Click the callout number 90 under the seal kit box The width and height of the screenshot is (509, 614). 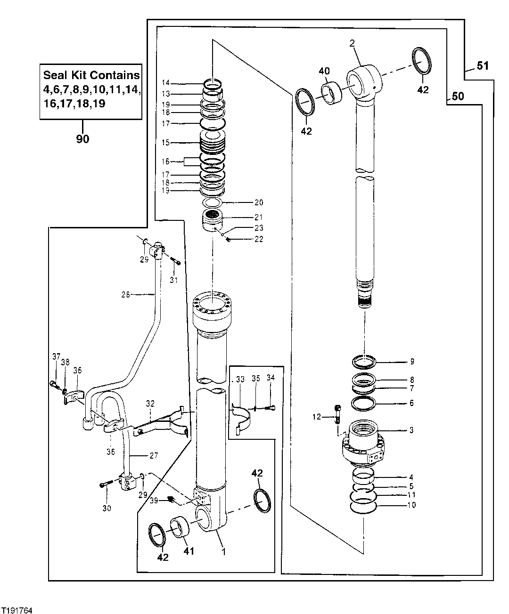coord(83,139)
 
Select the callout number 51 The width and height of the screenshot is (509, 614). coord(483,66)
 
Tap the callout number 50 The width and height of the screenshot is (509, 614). coord(458,97)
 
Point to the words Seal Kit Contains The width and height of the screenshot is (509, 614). coord(91,75)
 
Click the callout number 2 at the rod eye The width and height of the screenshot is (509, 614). coord(352,43)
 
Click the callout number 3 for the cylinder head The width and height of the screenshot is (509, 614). coord(411,430)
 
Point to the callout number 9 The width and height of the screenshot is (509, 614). coord(411,362)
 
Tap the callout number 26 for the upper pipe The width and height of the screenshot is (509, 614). coord(125,295)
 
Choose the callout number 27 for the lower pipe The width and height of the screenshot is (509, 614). coord(154,455)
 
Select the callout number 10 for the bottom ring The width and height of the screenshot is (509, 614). coord(411,506)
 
